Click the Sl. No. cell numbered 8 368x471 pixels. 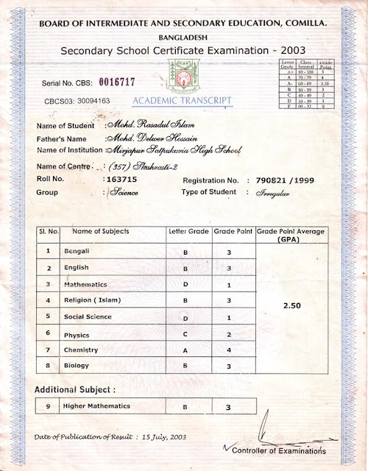(x=48, y=365)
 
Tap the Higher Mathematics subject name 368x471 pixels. (x=97, y=406)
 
